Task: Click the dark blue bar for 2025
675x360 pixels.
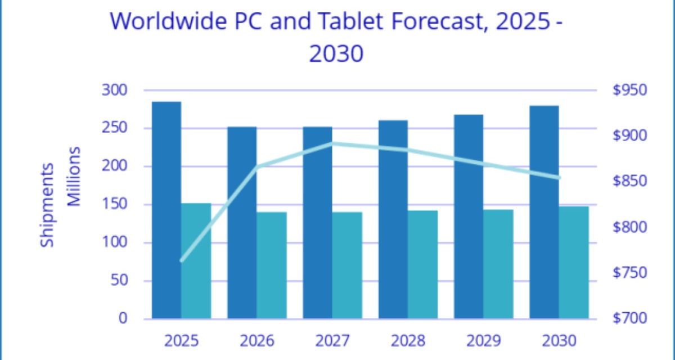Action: [166, 210]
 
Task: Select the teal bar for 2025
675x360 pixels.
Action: [196, 261]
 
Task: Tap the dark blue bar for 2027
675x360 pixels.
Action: [317, 223]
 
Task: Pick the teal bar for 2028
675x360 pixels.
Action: [422, 264]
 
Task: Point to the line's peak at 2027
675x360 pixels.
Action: [332, 143]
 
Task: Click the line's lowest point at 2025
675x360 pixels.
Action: [182, 261]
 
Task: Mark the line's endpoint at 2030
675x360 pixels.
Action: [559, 178]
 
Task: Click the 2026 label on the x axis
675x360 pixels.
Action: [257, 341]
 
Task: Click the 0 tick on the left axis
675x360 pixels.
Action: [123, 319]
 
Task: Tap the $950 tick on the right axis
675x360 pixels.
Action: [628, 90]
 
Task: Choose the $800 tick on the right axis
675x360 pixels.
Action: [628, 227]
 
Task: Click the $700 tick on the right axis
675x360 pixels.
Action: [628, 319]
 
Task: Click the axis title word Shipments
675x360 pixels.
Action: [48, 205]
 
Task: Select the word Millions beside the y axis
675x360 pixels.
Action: [75, 177]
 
